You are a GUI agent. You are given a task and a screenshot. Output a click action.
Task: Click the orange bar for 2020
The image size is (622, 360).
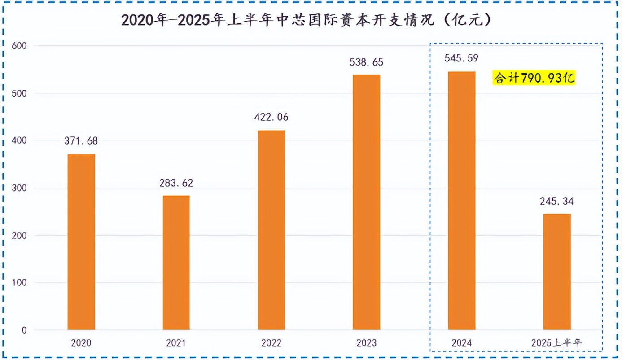click(81, 242)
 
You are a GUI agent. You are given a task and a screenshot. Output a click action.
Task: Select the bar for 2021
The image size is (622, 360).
click(176, 263)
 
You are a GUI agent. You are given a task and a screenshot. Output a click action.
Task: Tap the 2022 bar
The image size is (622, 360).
click(271, 230)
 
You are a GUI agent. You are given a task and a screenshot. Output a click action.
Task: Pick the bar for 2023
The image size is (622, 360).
click(366, 202)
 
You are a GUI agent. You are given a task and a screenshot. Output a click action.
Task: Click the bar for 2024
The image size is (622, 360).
click(461, 201)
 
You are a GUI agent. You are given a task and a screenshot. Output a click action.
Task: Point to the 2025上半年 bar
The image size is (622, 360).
click(557, 272)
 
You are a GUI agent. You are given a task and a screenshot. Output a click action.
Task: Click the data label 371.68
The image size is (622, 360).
click(81, 141)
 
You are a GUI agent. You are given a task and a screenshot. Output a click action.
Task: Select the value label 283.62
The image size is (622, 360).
click(176, 183)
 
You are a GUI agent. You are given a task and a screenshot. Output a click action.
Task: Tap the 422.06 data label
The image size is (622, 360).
click(271, 118)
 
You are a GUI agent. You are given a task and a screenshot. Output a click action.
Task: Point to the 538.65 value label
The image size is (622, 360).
click(366, 62)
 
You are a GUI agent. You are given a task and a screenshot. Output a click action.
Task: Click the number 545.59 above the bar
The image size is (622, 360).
click(461, 58)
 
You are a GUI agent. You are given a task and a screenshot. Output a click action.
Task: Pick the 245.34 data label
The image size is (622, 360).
click(556, 201)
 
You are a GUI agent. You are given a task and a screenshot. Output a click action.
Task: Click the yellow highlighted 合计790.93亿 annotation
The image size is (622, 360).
click(534, 79)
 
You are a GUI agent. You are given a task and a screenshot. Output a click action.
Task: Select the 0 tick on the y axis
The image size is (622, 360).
click(24, 331)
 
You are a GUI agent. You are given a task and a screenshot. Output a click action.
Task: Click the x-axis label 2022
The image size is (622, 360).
click(271, 343)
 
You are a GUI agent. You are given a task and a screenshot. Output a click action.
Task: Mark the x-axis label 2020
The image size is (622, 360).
click(81, 343)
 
